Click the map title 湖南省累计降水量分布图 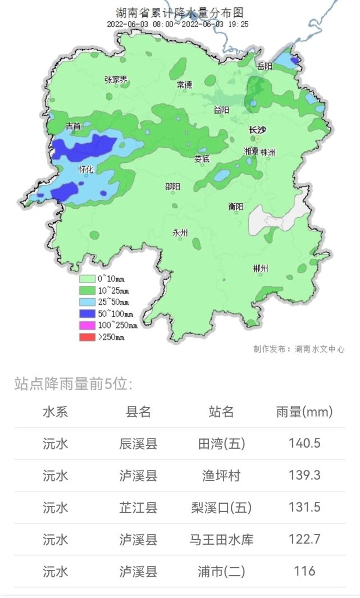179,13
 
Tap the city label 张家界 116,80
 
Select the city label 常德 184,85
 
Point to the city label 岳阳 265,66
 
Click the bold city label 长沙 258,130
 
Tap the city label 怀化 86,168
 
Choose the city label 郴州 261,268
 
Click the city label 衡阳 236,206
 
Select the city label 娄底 202,159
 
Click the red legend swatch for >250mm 87,337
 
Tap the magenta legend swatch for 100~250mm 87,325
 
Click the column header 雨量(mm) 304,412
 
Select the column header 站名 221,412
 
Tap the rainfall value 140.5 304,444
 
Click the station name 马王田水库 221,540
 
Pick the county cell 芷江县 138,508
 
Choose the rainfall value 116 304,572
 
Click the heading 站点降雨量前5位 74,384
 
